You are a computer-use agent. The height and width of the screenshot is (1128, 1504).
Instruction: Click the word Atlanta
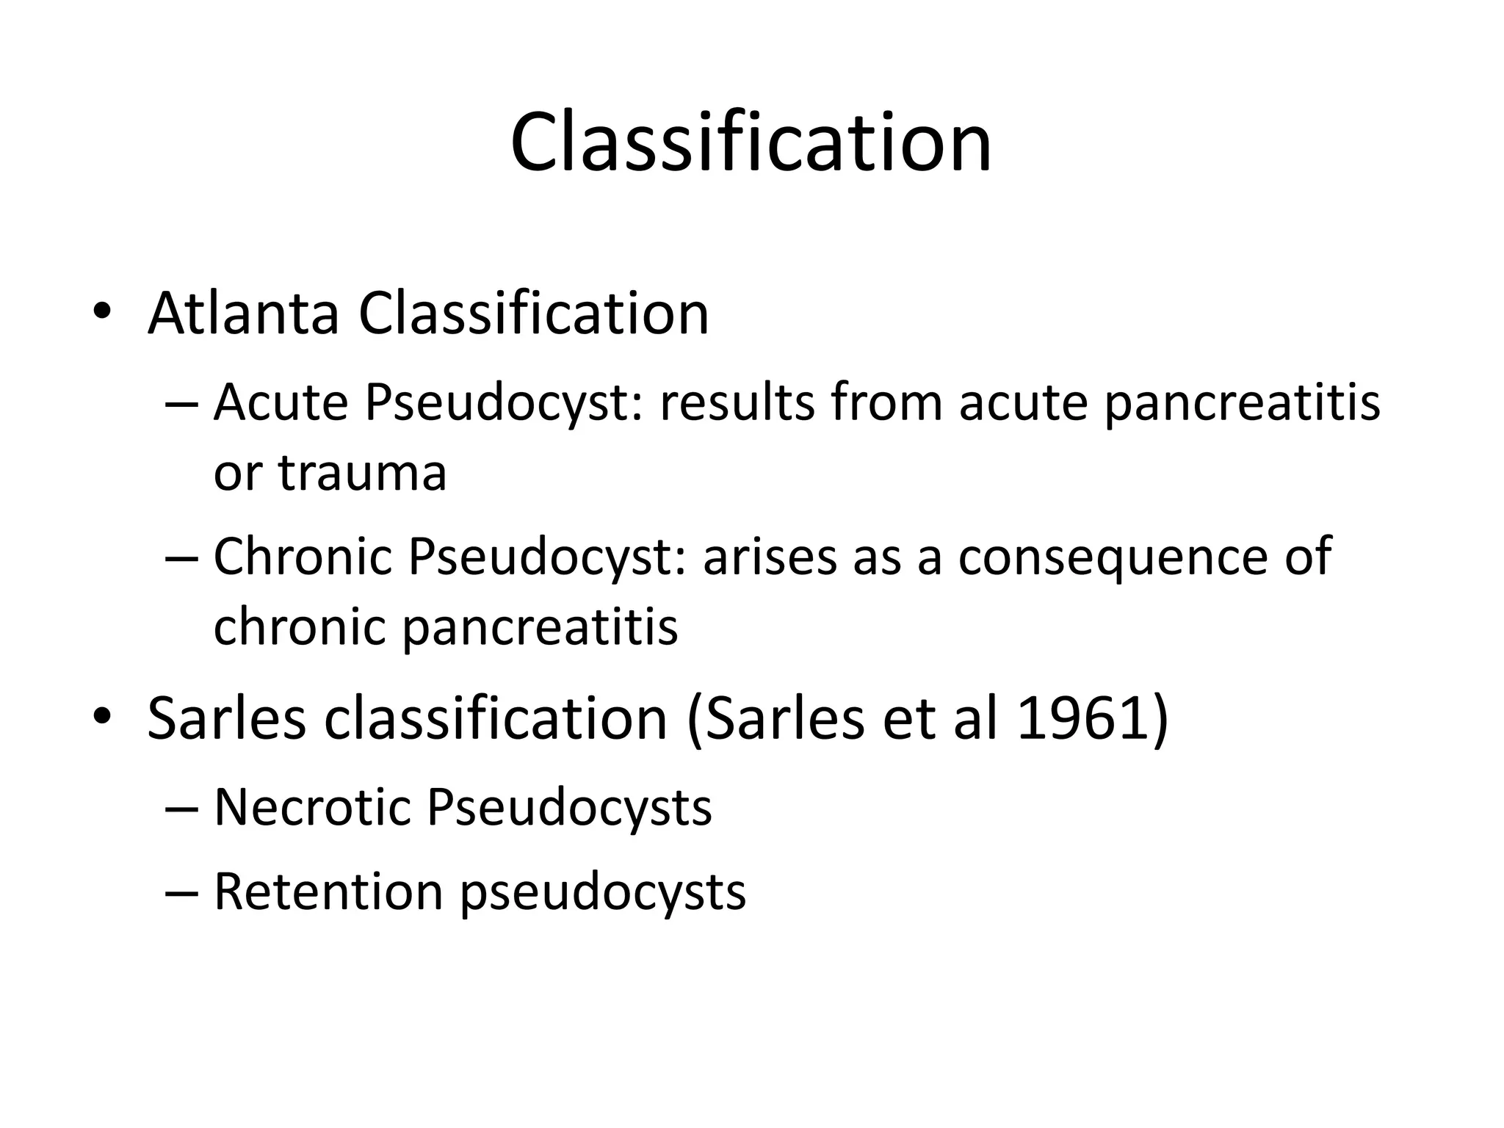coord(243,314)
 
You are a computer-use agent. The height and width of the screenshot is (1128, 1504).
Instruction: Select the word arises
coord(770,557)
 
